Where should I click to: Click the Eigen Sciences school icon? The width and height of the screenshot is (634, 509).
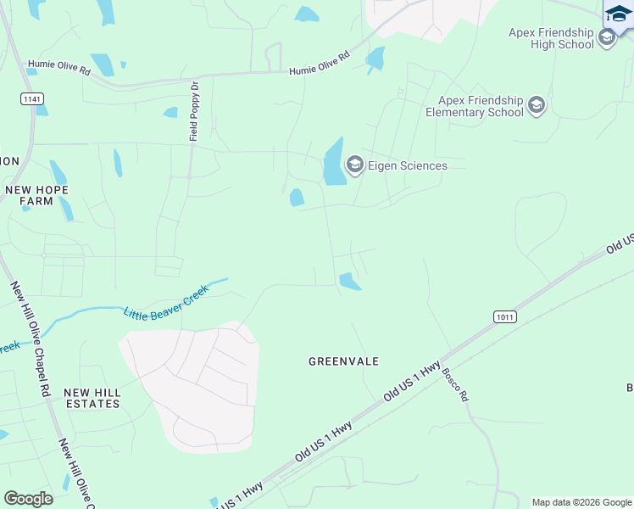point(354,165)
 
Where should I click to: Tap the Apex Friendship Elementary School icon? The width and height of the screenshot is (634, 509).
point(536,106)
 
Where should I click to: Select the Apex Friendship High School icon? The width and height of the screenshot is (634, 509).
point(606,37)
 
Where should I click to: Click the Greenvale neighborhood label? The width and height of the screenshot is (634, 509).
point(343,361)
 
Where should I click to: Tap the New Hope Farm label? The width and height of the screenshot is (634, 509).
point(36,195)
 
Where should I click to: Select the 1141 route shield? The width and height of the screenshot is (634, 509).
point(32,99)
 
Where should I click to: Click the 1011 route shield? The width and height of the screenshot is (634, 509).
point(504,316)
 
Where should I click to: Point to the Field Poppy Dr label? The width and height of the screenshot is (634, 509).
point(193,111)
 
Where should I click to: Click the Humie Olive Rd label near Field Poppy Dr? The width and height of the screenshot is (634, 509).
point(319,64)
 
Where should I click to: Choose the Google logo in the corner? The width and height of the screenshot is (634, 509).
point(28,498)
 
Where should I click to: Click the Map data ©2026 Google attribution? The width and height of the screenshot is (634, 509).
point(581,502)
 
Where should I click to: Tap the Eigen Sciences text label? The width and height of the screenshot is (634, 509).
point(407,165)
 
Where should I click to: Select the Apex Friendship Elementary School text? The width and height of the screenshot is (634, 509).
point(475,106)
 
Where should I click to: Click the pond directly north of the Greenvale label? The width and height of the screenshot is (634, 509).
point(349,281)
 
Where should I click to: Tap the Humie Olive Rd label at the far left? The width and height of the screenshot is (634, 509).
point(59,66)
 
